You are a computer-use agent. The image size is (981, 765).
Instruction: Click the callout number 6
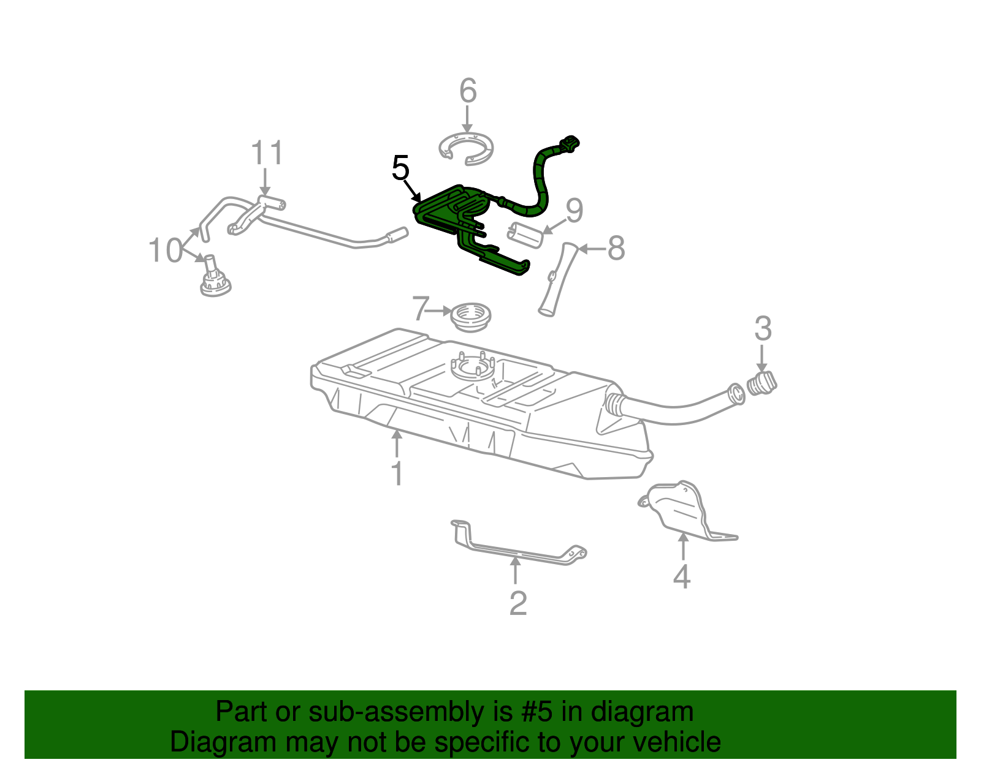click(468, 91)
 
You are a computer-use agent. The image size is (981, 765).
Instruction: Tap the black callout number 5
click(400, 168)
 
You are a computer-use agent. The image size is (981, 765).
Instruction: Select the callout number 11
click(268, 154)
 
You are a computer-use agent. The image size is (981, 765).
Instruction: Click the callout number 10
click(166, 251)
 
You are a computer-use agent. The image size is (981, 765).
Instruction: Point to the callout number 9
click(574, 211)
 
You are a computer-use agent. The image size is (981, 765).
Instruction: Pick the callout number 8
click(616, 249)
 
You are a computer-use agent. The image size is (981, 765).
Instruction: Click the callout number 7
click(420, 309)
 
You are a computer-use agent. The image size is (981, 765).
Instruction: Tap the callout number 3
click(762, 329)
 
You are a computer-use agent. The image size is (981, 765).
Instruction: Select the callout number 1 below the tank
click(397, 473)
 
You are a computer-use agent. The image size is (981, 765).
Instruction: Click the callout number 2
click(518, 603)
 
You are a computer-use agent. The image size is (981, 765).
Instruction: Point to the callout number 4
click(682, 576)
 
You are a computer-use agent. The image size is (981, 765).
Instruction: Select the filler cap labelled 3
click(762, 383)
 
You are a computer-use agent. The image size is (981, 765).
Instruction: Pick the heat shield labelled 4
click(681, 508)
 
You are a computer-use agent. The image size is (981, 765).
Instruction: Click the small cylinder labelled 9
click(525, 235)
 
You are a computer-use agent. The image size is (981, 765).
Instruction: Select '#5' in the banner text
click(537, 712)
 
